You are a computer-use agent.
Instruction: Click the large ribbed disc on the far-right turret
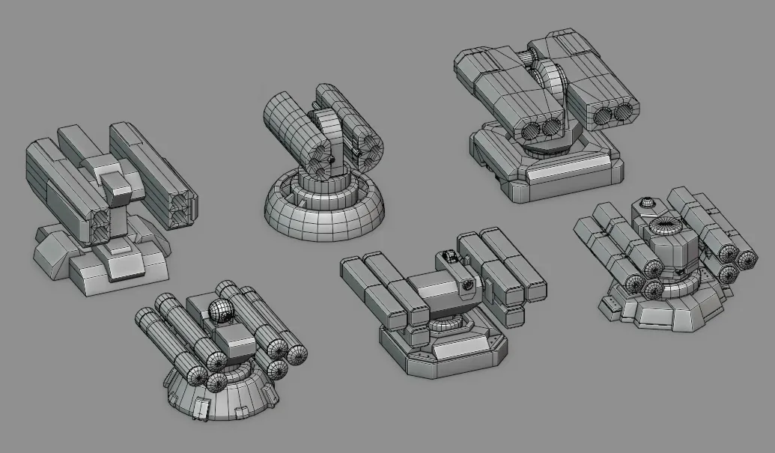click(665, 226)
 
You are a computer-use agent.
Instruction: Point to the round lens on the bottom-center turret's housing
click(468, 285)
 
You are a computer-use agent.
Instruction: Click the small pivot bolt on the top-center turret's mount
click(330, 159)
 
